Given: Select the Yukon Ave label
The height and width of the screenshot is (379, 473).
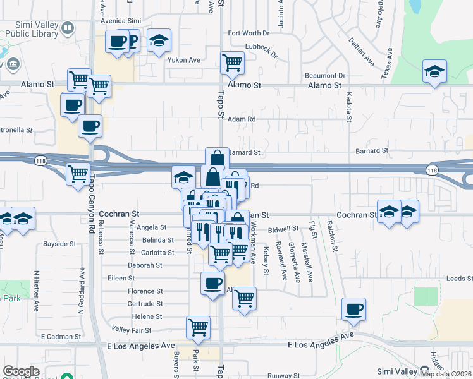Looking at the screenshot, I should point(183,60).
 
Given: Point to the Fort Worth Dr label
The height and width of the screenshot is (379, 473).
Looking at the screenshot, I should point(249,33).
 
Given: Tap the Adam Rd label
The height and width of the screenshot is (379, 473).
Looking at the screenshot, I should point(242,119).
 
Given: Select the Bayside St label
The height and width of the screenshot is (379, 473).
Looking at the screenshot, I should point(59,243).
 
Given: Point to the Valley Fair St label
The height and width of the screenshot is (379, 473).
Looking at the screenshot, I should point(132,330).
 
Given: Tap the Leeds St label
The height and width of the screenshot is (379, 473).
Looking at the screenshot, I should point(460,279).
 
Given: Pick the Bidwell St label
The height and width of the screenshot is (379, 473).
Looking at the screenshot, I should point(283,229).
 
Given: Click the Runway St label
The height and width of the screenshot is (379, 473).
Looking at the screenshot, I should point(278,375).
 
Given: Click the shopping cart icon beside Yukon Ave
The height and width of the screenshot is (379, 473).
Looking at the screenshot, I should point(232,63).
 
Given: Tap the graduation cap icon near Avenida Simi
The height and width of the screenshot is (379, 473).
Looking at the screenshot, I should point(159,41).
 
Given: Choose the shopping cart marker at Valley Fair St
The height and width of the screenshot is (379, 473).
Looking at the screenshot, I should point(198,327).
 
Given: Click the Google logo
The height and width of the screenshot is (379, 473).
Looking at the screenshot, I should point(21,371).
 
